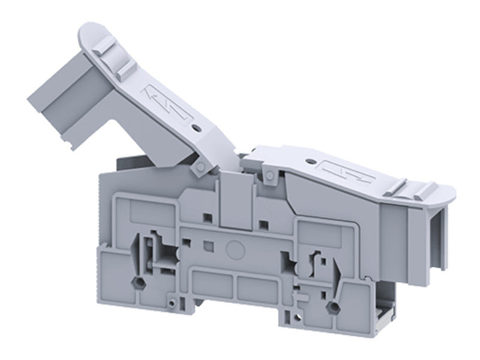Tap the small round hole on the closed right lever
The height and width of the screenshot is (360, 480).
click(x=308, y=161)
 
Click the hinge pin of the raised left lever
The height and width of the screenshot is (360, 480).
click(x=196, y=170)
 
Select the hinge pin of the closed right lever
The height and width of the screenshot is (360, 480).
click(x=270, y=175)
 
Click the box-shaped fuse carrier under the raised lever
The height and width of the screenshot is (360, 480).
click(x=60, y=108)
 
